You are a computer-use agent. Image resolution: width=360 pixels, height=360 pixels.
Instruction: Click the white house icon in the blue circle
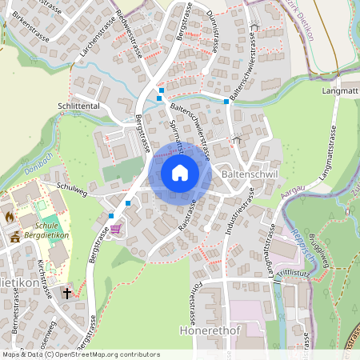click(180, 172)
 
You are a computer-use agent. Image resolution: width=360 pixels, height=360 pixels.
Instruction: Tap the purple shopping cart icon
click(117, 230)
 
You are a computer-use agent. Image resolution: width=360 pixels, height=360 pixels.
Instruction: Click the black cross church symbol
click(67, 293)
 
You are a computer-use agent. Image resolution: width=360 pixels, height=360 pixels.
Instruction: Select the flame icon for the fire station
click(10, 216)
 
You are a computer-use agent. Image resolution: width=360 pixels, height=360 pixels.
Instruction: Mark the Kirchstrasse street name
click(46, 278)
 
